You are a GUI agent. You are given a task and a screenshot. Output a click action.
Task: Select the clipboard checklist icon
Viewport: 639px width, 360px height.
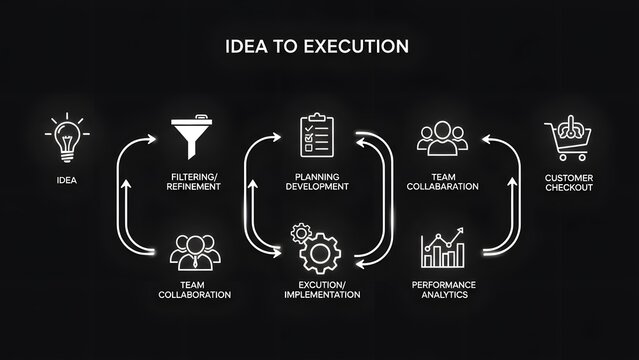coord(318,137)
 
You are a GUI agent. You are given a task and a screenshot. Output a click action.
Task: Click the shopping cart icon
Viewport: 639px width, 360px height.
coord(568,139)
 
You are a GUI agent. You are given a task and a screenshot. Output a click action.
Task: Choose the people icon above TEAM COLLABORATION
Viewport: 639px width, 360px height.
coord(195,252)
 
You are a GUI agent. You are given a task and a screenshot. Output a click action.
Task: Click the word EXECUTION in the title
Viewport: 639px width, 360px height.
coord(358,46)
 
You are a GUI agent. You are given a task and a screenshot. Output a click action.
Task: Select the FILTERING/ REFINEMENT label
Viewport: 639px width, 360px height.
coord(195,181)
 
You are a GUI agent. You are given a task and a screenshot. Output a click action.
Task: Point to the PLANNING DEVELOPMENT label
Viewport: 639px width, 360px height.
coord(317,181)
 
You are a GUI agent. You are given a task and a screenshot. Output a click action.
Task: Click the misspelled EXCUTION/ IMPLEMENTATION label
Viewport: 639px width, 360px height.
coord(316,289)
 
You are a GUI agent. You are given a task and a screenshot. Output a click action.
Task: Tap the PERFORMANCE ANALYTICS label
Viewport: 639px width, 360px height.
coord(444,289)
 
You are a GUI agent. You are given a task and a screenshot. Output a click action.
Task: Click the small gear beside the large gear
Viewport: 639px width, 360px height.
coord(298,233)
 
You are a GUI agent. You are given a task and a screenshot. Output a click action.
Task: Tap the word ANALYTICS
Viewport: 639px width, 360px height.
coord(444,295)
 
